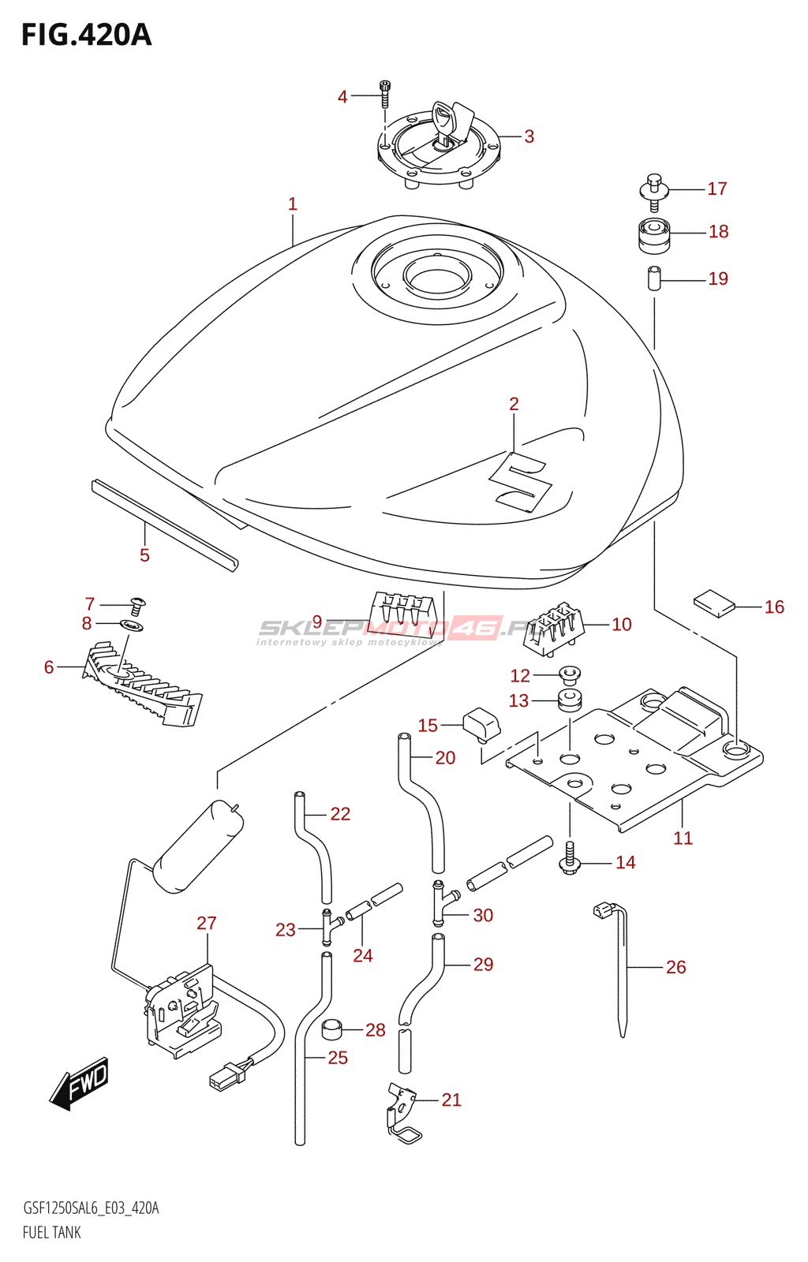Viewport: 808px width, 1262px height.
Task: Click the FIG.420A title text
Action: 86,35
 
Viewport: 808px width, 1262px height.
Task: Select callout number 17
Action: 716,189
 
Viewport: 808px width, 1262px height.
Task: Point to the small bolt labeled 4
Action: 385,94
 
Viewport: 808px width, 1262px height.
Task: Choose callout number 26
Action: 675,967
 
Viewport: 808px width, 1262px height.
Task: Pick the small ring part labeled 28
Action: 333,1029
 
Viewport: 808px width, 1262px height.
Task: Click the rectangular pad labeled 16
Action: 714,603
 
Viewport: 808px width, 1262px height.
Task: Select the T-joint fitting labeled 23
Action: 327,925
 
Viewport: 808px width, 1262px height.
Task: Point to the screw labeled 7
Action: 137,606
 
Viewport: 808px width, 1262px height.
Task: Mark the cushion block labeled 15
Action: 481,725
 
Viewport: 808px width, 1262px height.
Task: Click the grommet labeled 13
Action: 570,700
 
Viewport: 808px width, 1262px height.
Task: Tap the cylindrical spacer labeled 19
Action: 654,279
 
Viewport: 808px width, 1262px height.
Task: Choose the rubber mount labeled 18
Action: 654,234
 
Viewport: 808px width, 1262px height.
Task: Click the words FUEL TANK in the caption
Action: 52,1232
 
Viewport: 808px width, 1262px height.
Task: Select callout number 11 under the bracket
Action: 683,838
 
